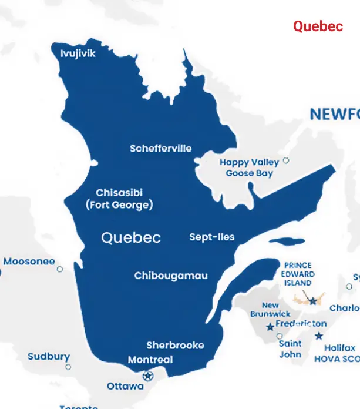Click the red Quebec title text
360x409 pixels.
318,26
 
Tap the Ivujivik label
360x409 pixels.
78,53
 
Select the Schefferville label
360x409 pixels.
160,149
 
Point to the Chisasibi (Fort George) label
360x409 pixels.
119,199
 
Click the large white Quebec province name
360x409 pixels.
131,237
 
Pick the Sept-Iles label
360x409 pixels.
211,237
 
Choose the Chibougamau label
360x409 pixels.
170,276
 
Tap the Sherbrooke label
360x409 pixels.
175,345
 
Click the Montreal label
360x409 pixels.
150,360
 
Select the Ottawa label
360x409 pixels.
125,387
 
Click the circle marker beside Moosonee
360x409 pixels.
60,269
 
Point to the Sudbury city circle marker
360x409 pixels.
68,367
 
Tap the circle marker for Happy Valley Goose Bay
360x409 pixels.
286,160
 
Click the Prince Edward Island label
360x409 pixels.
298,274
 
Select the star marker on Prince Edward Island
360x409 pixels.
313,301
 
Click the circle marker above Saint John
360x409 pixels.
280,336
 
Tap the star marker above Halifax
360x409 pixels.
318,336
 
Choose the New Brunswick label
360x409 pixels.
270,310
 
